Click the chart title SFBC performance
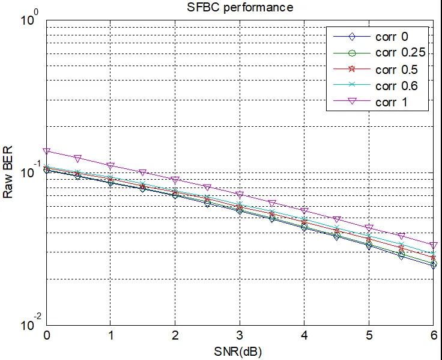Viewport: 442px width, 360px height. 240,8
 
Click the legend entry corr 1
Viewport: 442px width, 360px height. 391,102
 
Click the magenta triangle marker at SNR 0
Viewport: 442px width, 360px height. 47,151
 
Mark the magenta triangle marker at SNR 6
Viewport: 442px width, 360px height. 432,246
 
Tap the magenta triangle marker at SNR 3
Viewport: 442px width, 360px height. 240,195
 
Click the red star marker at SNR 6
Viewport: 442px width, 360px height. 432,258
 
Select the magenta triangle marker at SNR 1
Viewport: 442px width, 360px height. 110,165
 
